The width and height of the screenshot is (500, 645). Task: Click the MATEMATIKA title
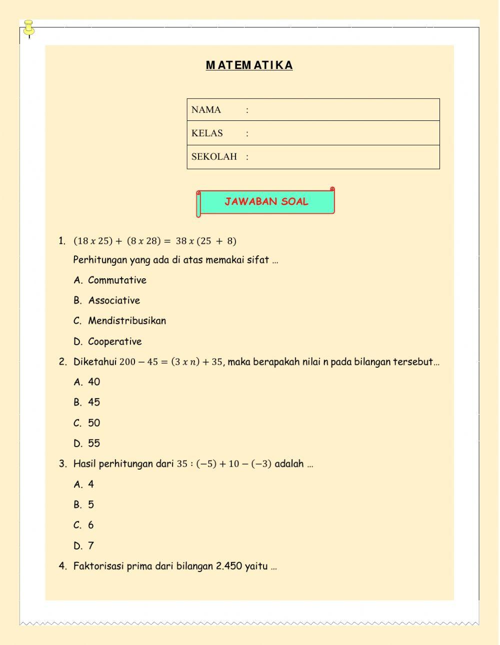click(x=249, y=65)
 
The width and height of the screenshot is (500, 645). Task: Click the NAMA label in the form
click(x=206, y=110)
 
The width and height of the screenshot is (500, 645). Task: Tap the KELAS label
click(x=207, y=133)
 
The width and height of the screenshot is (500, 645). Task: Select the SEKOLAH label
click(x=214, y=157)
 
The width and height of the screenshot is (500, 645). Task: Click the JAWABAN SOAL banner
click(x=266, y=202)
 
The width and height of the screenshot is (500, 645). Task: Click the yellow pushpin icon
click(x=29, y=27)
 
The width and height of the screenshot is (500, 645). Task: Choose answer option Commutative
click(x=117, y=280)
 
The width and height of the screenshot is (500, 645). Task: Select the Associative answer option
click(x=114, y=301)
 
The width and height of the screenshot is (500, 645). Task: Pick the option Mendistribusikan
click(x=127, y=321)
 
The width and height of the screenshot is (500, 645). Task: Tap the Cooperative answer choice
click(x=114, y=342)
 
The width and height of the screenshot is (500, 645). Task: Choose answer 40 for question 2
click(x=94, y=382)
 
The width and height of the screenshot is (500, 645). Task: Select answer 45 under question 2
click(x=94, y=402)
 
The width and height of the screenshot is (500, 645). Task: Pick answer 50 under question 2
click(x=94, y=423)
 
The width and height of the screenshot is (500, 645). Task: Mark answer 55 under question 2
click(x=94, y=443)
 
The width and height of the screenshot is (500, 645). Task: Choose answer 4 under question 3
click(x=91, y=484)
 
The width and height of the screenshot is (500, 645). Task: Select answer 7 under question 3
click(x=91, y=546)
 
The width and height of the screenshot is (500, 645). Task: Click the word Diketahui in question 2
click(x=95, y=362)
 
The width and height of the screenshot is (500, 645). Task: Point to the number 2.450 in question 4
click(x=229, y=566)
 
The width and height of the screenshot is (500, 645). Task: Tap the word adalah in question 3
click(x=289, y=464)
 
